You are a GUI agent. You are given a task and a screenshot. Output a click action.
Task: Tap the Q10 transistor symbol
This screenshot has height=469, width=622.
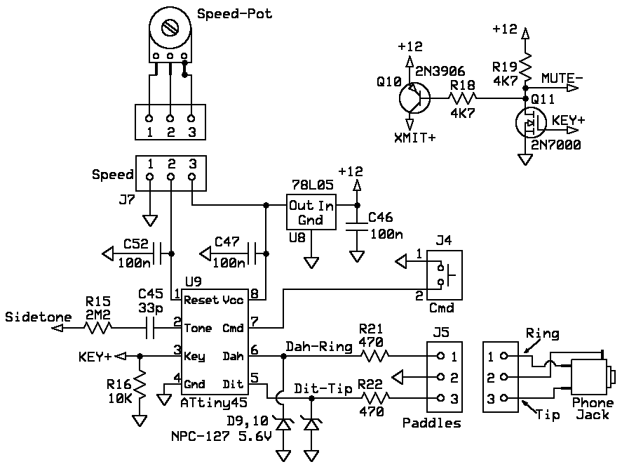coord(414,98)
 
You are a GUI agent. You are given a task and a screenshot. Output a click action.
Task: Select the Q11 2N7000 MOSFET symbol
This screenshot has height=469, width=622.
coord(530,123)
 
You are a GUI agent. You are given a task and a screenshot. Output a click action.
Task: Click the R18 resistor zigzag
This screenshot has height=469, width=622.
coord(463,98)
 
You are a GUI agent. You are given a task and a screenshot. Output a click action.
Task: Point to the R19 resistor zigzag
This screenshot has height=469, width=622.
coord(525,68)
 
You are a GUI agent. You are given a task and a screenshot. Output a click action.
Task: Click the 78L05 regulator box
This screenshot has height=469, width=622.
coord(311,212)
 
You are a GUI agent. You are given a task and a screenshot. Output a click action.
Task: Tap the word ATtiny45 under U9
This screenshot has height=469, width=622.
coord(214,403)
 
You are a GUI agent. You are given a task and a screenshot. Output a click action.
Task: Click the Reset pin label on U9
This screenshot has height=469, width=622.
coord(201,300)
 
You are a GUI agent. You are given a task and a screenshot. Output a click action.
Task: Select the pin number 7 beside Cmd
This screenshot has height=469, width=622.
coord(255,322)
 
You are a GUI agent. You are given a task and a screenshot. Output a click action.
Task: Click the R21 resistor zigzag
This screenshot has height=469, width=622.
coord(375,356)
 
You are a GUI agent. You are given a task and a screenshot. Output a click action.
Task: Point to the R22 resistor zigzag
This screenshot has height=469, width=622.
coord(375,397)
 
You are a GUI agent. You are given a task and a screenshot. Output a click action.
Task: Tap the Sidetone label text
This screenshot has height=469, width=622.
coord(38,317)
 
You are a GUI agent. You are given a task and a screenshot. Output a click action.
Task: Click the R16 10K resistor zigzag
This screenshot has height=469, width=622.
coord(140,385)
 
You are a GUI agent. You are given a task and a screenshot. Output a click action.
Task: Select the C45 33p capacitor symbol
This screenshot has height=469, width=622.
coord(150,328)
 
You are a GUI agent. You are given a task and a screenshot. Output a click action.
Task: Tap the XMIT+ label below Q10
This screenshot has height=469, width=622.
coord(414,138)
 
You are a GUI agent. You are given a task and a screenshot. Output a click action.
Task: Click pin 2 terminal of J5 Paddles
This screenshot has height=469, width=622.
coord(440,377)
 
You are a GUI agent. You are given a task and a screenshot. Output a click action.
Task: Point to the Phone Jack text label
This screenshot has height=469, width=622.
coord(593,409)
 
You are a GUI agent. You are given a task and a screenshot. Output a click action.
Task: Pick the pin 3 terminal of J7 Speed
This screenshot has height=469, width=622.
coord(192,176)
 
